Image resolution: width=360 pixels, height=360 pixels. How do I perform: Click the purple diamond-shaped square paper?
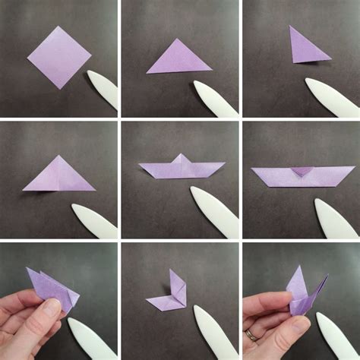[58, 56]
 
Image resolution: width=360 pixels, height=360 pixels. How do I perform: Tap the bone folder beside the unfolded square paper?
[103, 88]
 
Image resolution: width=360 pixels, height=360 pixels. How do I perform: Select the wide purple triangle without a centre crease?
[178, 58]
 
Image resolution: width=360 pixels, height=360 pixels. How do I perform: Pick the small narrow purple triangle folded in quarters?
[306, 47]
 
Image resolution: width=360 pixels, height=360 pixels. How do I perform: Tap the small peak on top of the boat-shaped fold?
[182, 159]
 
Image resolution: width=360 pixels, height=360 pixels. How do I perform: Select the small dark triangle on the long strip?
[302, 172]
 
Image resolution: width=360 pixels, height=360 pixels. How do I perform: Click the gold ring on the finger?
[251, 334]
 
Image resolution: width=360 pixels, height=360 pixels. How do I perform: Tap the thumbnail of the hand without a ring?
[52, 307]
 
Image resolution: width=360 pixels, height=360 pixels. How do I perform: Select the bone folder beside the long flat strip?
[336, 219]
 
